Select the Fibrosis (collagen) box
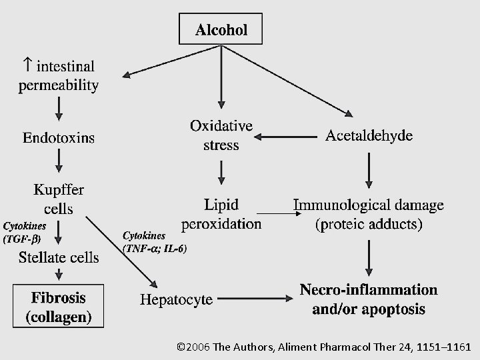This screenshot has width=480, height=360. [x=59, y=306]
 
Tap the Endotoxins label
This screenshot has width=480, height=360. [x=59, y=138]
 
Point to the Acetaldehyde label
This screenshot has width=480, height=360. [x=369, y=136]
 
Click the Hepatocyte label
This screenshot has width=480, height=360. [x=176, y=300]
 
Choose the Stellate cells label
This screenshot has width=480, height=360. [x=59, y=257]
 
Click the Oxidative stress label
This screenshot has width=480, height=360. [x=221, y=135]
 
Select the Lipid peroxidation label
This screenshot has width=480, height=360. [x=221, y=213]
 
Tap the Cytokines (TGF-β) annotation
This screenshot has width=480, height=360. [x=23, y=231]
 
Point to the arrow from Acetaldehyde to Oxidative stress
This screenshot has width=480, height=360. [x=287, y=137]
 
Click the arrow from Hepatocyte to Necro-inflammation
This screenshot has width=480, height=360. [x=257, y=299]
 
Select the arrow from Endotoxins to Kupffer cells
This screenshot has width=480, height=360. [x=59, y=160]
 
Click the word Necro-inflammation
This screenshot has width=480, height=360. [x=369, y=290]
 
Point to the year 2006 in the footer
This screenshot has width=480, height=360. [x=199, y=347]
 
